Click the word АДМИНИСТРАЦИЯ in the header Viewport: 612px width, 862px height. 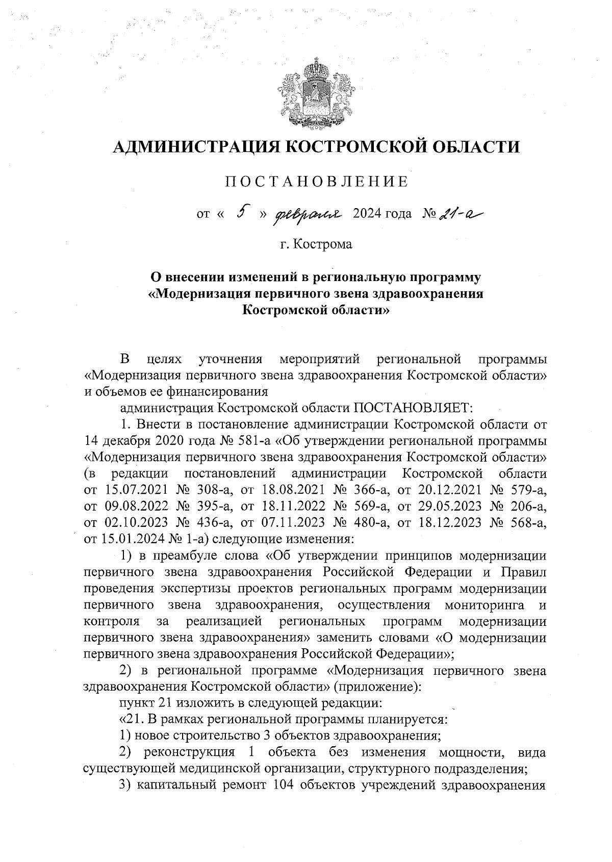click(195, 147)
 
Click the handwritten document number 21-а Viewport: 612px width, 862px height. click(457, 213)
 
